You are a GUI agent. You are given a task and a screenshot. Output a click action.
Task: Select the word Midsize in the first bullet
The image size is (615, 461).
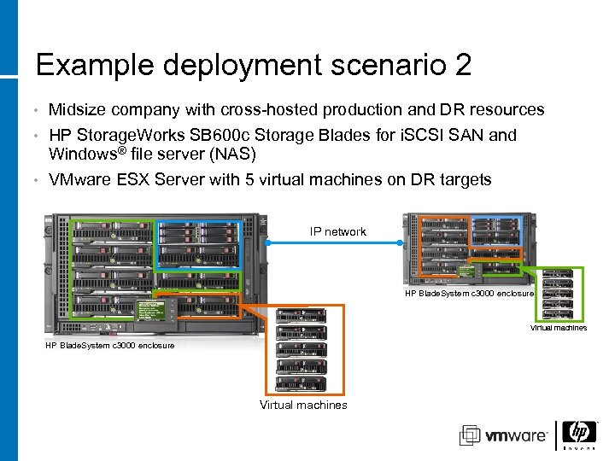(77, 110)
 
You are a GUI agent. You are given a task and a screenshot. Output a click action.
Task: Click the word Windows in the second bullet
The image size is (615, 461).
(82, 155)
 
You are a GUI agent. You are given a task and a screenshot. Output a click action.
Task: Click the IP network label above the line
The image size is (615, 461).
(338, 231)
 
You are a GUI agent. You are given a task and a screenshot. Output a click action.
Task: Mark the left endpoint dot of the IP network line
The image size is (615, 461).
(268, 243)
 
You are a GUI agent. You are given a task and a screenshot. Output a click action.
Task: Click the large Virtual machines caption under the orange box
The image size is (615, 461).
(303, 406)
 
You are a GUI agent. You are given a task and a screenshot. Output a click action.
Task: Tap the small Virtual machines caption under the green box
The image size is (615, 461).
(559, 328)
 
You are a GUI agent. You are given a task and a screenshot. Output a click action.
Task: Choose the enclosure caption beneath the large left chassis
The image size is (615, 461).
(110, 345)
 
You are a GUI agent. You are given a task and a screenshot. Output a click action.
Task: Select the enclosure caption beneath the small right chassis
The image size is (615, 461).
(469, 293)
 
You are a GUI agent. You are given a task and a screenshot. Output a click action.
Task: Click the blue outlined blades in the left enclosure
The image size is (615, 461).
(198, 244)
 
